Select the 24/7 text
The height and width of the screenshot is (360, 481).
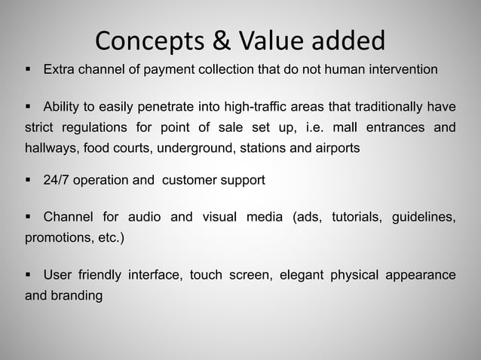point(59,181)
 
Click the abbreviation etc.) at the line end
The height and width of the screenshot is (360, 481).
point(109,238)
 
